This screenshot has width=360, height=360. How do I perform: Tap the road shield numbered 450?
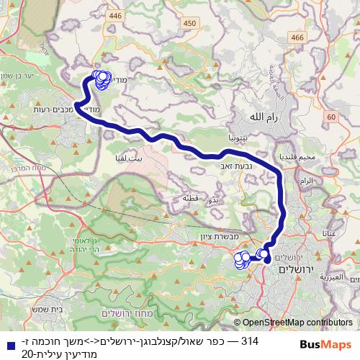coord(189,24)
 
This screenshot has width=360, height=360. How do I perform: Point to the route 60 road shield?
coord(330,117)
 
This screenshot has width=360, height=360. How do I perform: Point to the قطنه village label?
coord(190,198)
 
